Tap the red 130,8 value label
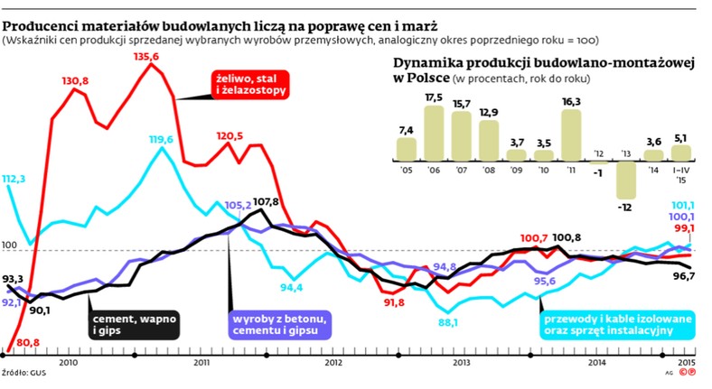tap(75, 81)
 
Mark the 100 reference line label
tap(10, 245)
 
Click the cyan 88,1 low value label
tap(448, 322)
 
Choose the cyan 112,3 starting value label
tap(15, 179)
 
